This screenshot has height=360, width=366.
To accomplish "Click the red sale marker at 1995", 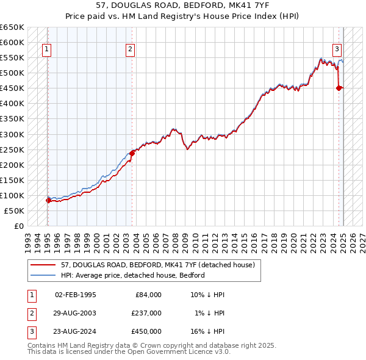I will coord(48,200).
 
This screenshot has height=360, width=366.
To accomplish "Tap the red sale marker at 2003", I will coord(131,153).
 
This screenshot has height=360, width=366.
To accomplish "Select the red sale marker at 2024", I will coord(339,88).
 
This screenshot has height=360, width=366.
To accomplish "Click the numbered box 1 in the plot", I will coord(46,50).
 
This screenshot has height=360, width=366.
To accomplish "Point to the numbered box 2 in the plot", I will coord(131,50).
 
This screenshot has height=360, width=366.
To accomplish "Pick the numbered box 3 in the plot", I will coord(337,50).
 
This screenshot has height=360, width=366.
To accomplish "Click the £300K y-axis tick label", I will coord(12,134).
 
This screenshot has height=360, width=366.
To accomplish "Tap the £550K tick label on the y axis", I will coord(12,58).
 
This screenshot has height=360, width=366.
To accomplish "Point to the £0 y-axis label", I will coord(19,226).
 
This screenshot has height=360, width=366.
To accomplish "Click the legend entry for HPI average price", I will coord(132,275).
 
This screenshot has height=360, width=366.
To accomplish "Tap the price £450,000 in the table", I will coord(146,331).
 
